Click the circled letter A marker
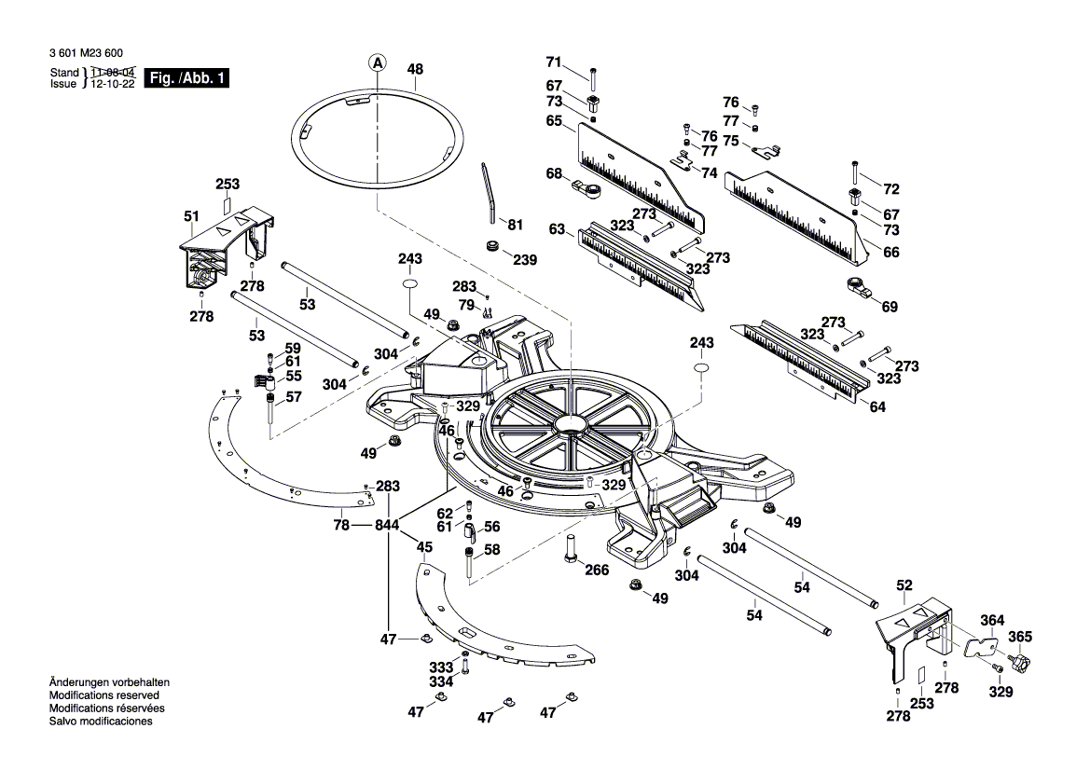378,63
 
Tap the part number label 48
415,69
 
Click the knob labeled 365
1019,665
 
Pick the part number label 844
387,526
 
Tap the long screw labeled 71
593,78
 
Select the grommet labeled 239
490,247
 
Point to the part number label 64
877,406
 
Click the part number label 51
191,216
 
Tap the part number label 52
904,585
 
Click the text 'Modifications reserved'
103,695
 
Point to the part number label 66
890,252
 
